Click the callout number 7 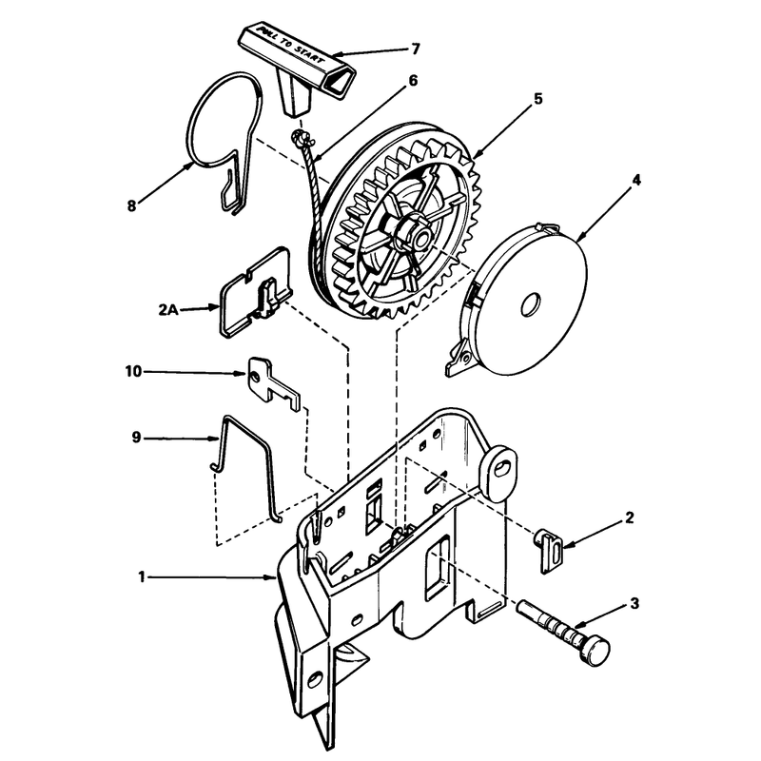pos(415,49)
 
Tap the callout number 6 pos(413,80)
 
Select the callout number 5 pos(537,99)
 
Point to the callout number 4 pos(636,180)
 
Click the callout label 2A pos(168,309)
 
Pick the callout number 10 pos(133,372)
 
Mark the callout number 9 pos(136,438)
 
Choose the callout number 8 pos(131,205)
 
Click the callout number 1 pos(141,577)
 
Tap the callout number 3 pos(634,604)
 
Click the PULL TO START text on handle pos(291,45)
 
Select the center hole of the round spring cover pos(531,304)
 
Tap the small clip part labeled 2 pos(549,551)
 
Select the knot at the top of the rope pos(300,139)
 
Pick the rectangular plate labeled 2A pos(256,292)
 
